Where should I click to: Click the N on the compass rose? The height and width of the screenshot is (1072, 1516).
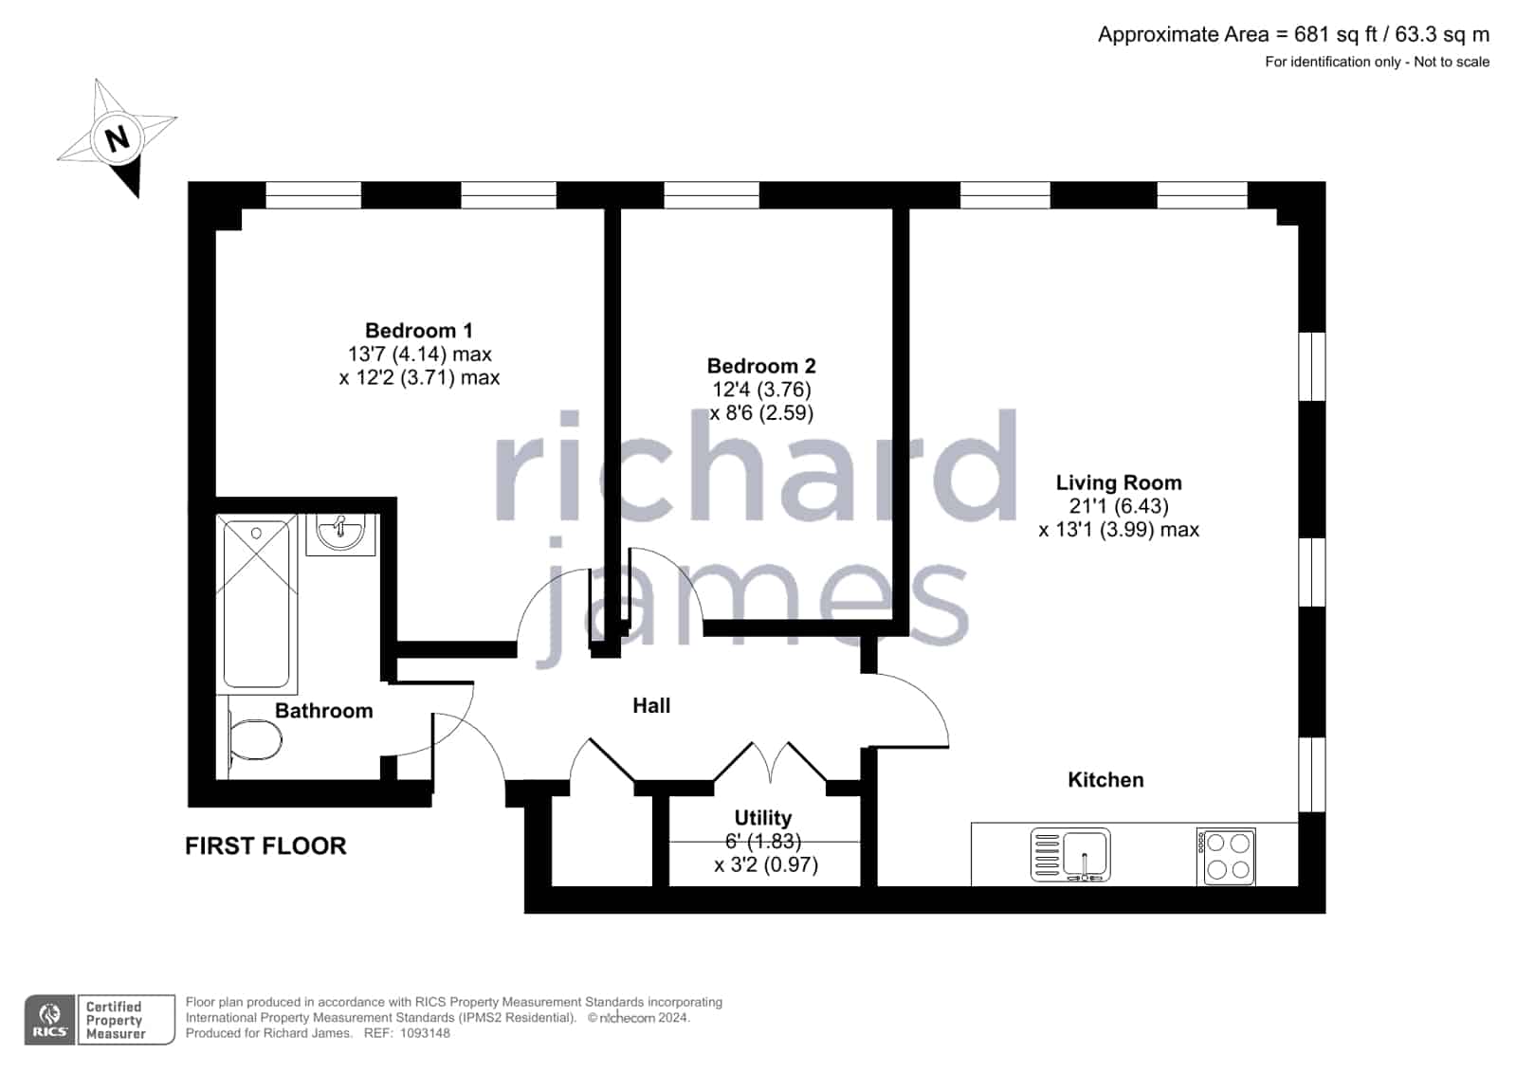(x=118, y=138)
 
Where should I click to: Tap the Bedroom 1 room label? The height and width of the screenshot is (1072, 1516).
(x=419, y=330)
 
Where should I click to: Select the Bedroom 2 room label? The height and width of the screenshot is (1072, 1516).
(x=761, y=366)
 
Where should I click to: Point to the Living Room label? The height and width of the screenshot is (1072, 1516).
(x=1119, y=482)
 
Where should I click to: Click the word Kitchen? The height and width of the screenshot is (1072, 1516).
(x=1105, y=780)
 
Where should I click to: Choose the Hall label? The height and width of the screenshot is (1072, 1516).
(x=651, y=706)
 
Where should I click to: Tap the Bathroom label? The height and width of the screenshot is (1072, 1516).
(x=323, y=711)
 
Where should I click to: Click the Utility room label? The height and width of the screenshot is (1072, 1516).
(x=762, y=818)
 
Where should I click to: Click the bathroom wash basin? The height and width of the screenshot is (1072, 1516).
(x=340, y=534)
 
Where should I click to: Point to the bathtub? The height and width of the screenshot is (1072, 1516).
(x=257, y=603)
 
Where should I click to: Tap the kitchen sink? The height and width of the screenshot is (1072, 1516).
(x=1070, y=855)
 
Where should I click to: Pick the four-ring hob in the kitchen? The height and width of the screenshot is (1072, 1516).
(x=1226, y=856)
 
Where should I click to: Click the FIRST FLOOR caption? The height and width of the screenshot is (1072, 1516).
(x=265, y=846)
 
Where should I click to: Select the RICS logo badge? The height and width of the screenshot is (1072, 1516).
(x=49, y=1019)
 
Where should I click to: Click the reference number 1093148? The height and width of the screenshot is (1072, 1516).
(x=425, y=1033)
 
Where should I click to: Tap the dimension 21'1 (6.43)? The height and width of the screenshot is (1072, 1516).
(x=1119, y=506)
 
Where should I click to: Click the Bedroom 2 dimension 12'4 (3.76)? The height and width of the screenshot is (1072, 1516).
(x=761, y=390)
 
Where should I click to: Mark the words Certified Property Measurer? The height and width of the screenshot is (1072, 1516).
(x=115, y=1020)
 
